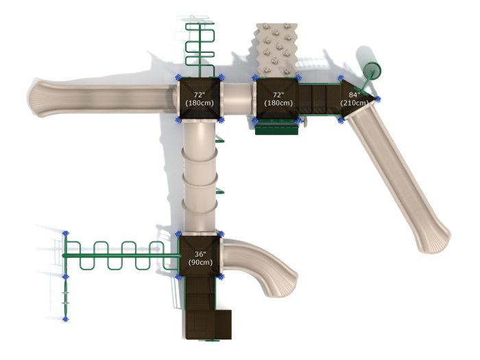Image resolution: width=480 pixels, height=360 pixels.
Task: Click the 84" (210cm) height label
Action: [355, 99]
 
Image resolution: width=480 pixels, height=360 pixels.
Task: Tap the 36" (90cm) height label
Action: [200, 259]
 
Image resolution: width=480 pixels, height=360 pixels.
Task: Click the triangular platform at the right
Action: [355, 99]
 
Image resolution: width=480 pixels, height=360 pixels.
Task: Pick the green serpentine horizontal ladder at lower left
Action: [121, 256]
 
